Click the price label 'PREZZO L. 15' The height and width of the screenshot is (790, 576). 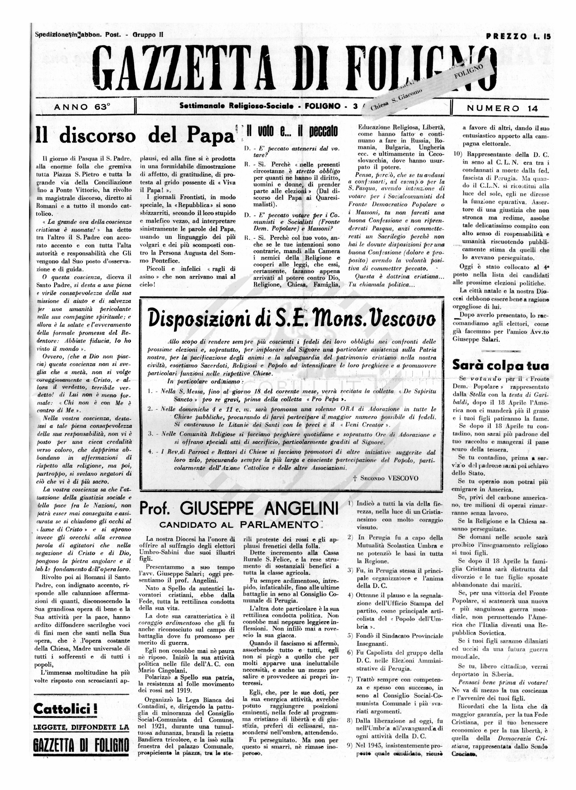click(518, 36)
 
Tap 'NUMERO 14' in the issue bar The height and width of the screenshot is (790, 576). click(502, 108)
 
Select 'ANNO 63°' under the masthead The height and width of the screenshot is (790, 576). click(82, 107)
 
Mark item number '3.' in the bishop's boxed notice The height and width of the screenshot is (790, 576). click(151, 434)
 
